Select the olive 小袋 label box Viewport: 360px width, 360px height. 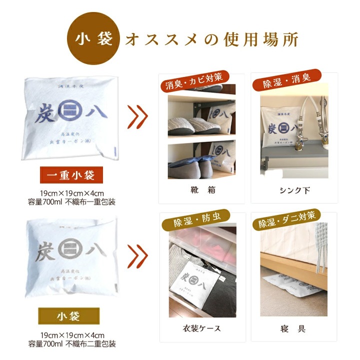click(69, 315)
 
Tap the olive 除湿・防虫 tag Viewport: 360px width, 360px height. click(194, 220)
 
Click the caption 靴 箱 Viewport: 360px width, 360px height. click(201, 190)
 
